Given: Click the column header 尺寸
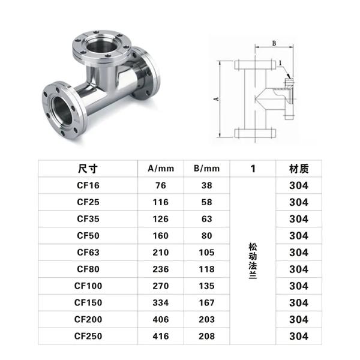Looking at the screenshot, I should pos(88,169).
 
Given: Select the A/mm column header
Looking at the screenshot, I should pos(161,169).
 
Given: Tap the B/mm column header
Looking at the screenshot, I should pos(206,169).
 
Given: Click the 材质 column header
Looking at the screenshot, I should pos(298,169).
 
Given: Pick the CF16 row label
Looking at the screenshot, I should pos(88,185).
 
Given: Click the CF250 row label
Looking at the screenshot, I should pos(88,336).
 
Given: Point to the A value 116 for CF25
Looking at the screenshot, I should pos(161,202).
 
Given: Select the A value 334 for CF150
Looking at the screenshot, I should pos(161,302).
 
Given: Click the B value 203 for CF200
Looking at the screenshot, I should pos(206,319).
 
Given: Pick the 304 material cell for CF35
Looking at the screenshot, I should pos(298,219).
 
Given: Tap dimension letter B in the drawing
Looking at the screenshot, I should pos(274,43).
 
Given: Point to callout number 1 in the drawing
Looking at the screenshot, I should pos(280,62).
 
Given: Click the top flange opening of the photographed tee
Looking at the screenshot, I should pos(102,44).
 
